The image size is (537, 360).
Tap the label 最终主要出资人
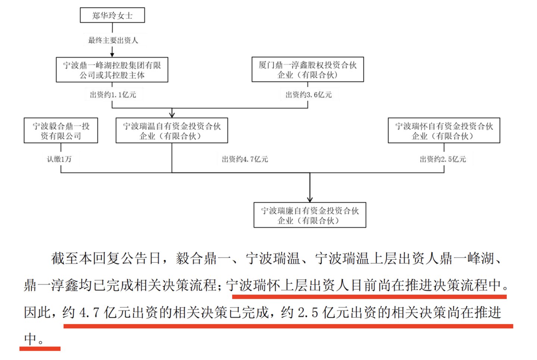tap(113, 40)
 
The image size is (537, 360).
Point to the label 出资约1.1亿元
tap(113, 95)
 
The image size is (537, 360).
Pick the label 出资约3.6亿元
tap(309, 95)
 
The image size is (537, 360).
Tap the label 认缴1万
tap(59, 159)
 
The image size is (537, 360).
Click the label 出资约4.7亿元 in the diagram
tap(245, 159)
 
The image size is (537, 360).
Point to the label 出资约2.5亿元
tap(443, 159)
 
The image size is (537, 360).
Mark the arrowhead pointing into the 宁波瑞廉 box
tap(310, 200)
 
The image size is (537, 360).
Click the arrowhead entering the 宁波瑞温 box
tap(172, 115)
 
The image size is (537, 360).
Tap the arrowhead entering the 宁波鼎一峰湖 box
tap(112, 55)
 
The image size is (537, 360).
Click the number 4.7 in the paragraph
tap(89, 313)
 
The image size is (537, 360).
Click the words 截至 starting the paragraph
tap(65, 258)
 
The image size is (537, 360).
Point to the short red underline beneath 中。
tap(40, 348)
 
